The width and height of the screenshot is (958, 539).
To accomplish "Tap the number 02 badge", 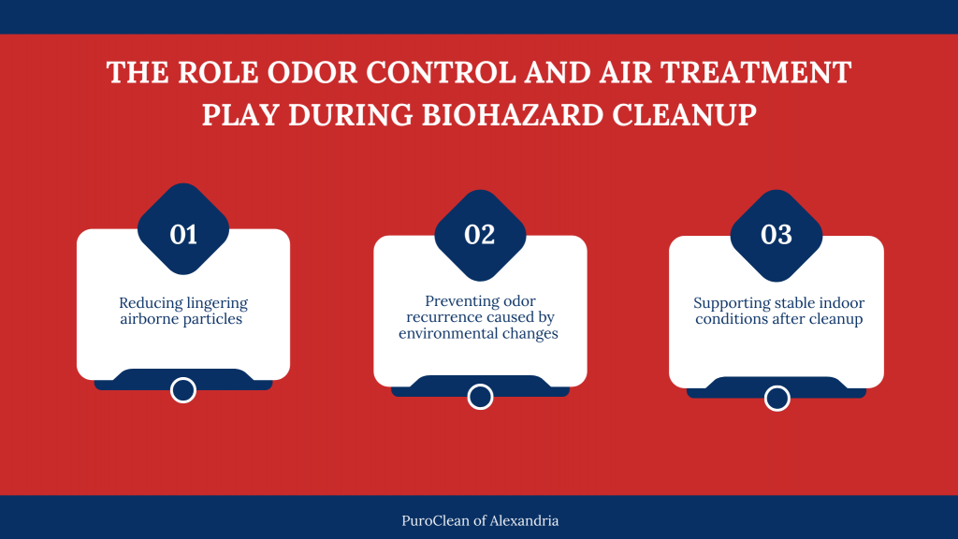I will (x=480, y=234).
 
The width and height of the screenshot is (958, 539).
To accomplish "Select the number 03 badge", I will (x=777, y=234).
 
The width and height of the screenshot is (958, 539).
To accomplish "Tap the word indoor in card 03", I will (x=839, y=303).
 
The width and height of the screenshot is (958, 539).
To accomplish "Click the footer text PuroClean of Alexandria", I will (x=479, y=520).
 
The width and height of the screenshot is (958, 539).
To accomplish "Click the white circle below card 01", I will (x=183, y=390).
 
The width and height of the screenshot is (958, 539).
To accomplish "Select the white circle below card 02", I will (x=480, y=397).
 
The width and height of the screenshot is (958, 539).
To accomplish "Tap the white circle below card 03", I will (x=777, y=398).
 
